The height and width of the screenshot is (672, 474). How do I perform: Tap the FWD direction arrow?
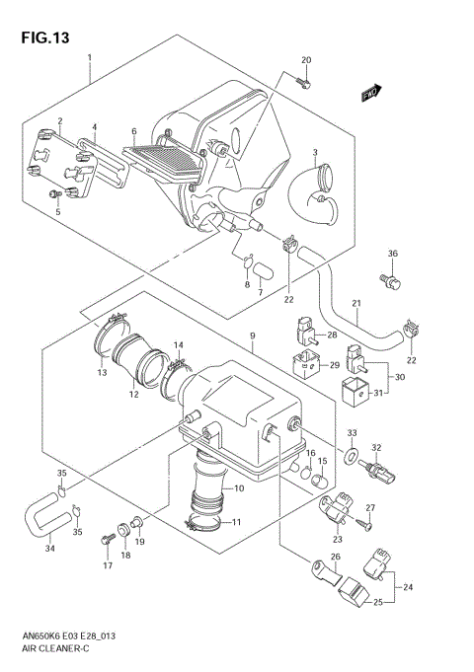coord(372,94)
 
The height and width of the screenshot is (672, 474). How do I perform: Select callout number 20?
coord(306,60)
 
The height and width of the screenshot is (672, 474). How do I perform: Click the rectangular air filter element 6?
coord(163,161)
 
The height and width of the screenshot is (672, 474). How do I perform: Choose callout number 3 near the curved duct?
coord(314,152)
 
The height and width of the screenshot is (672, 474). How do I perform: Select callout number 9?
coord(253,336)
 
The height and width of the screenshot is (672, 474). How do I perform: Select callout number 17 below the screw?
coord(107,566)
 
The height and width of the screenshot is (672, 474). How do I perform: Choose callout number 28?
coord(331,335)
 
